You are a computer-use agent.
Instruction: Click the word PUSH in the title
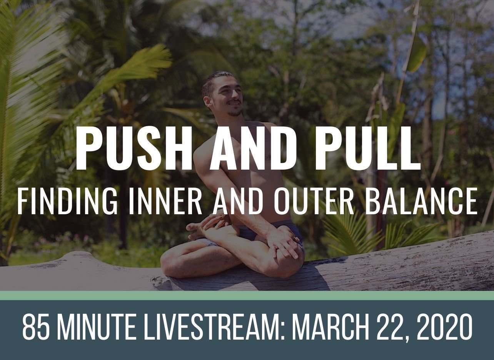pyautogui.click(x=134, y=148)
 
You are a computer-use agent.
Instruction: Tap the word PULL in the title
pyautogui.click(x=367, y=148)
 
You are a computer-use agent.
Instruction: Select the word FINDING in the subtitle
pyautogui.click(x=68, y=201)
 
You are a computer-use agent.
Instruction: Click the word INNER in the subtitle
pyautogui.click(x=165, y=201)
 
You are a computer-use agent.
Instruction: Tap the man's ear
pyautogui.click(x=208, y=103)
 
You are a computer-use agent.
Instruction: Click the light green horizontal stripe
pyautogui.click(x=247, y=296)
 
